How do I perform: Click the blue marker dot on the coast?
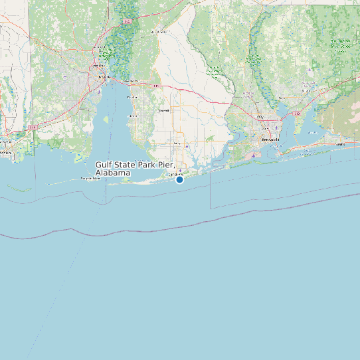pos(179,179)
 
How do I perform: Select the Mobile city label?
pos(102,76)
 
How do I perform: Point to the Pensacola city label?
pos(270,140)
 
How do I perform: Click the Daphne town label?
pos(132,97)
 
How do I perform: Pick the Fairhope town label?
pos(132,116)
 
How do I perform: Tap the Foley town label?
pos(177,142)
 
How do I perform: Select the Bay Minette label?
pos(159,31)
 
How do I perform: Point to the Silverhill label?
pos(163,110)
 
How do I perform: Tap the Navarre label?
pos(340,143)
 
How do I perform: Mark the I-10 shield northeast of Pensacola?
pos(297,114)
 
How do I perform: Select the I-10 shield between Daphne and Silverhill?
pos(156,86)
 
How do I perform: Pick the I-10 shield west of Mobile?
pos(33,126)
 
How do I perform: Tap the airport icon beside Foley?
pos(187,145)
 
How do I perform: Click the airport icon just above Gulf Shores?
pos(180,171)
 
